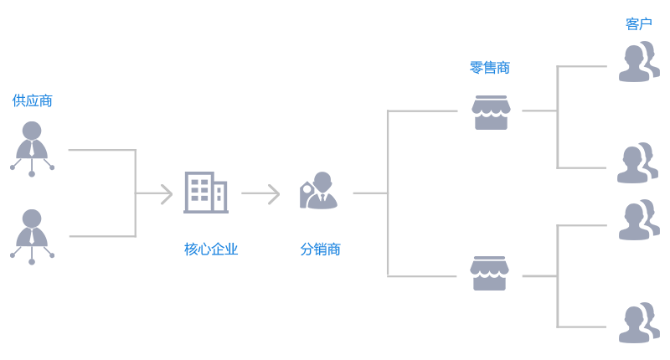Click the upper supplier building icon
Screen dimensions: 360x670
point(32,149)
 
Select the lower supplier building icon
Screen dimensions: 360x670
point(32,237)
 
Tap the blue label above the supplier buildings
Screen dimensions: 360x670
point(32,100)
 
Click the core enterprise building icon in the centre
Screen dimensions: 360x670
point(206,193)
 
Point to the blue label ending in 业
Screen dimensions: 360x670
point(211,249)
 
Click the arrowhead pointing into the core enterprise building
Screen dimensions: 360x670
point(165,193)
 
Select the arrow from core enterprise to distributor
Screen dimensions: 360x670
point(260,193)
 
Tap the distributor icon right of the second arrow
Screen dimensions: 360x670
point(319,191)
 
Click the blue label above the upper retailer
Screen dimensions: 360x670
point(490,68)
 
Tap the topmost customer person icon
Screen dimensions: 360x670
point(638,63)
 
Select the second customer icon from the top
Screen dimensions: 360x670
point(638,162)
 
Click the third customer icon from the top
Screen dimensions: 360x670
point(638,219)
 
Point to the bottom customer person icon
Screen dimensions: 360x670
point(638,322)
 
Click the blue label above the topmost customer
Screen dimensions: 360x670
point(638,23)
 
